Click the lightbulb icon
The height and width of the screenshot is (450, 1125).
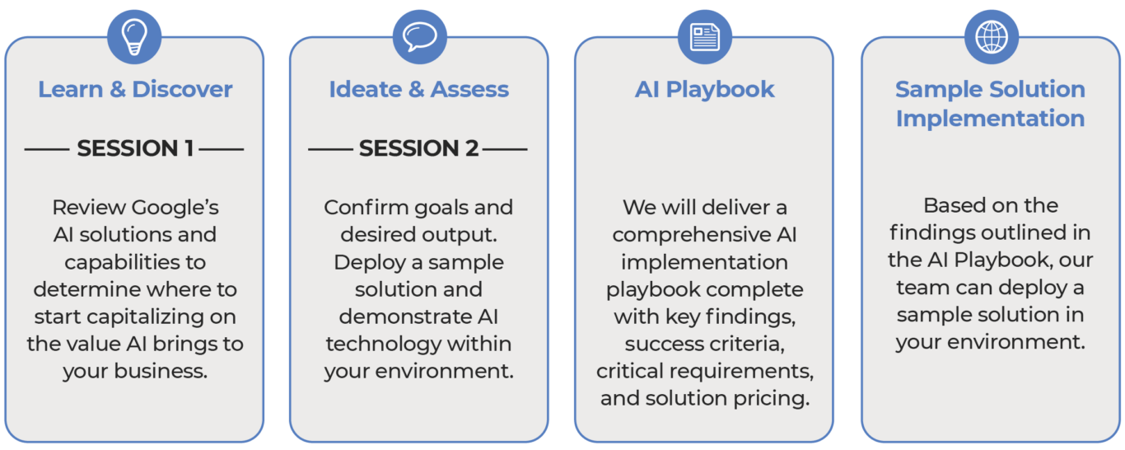pyautogui.click(x=134, y=37)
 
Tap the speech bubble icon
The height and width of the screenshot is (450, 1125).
pyautogui.click(x=418, y=37)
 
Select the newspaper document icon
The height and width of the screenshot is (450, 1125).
pyautogui.click(x=704, y=37)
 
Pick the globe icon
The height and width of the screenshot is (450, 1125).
pyautogui.click(x=990, y=37)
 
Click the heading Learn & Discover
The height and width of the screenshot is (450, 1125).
pyautogui.click(x=135, y=89)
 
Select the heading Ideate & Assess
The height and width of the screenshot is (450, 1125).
pyautogui.click(x=418, y=89)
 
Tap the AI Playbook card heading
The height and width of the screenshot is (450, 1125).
pyautogui.click(x=704, y=89)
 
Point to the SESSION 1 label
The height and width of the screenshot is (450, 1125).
pyautogui.click(x=135, y=148)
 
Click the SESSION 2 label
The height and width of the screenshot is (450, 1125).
pyautogui.click(x=418, y=148)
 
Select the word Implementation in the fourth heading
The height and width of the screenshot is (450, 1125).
pyautogui.click(x=990, y=118)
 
